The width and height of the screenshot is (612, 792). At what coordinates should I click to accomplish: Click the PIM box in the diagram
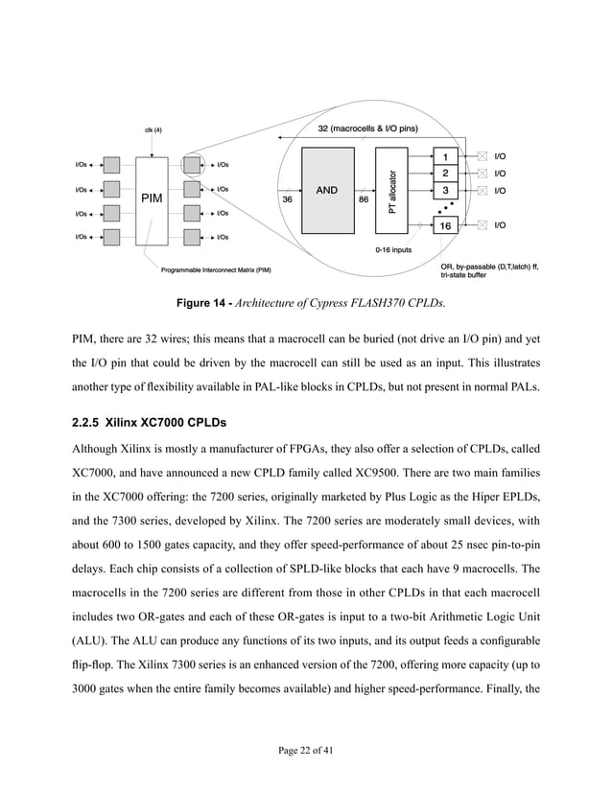point(152,199)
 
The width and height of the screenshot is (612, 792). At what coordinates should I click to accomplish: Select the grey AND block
point(326,190)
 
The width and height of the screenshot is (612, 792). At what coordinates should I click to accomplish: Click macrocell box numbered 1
point(444,156)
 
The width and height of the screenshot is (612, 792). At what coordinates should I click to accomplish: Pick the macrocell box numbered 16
point(444,225)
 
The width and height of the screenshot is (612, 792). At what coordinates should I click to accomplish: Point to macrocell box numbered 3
point(444,190)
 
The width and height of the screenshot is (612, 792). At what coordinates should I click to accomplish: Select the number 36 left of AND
point(287,199)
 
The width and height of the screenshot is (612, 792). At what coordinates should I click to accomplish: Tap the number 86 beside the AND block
point(364,199)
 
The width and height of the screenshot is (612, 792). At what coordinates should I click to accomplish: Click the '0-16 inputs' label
point(393,249)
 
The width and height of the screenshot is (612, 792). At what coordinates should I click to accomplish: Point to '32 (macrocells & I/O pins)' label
point(367,128)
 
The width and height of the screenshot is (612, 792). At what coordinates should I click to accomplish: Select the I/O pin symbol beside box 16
point(482,225)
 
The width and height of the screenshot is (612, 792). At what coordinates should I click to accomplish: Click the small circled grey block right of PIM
point(191,165)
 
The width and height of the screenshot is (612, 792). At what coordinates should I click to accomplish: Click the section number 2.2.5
point(89,422)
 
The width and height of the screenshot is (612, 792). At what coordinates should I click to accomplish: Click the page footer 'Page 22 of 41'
point(305,749)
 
